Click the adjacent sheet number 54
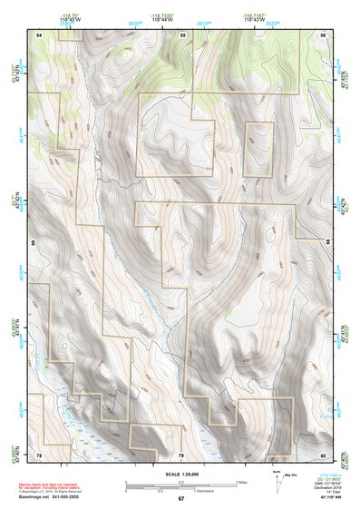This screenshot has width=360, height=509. point(39,34)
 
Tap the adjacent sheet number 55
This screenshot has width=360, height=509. point(182,34)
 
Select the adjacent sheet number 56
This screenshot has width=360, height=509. point(323,34)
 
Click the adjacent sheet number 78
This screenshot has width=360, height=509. point(39,454)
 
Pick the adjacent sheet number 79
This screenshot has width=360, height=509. point(180,454)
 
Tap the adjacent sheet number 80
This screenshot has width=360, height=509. point(323,454)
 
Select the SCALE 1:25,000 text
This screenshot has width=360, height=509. point(180,474)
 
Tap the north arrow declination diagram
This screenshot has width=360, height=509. point(278,478)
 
